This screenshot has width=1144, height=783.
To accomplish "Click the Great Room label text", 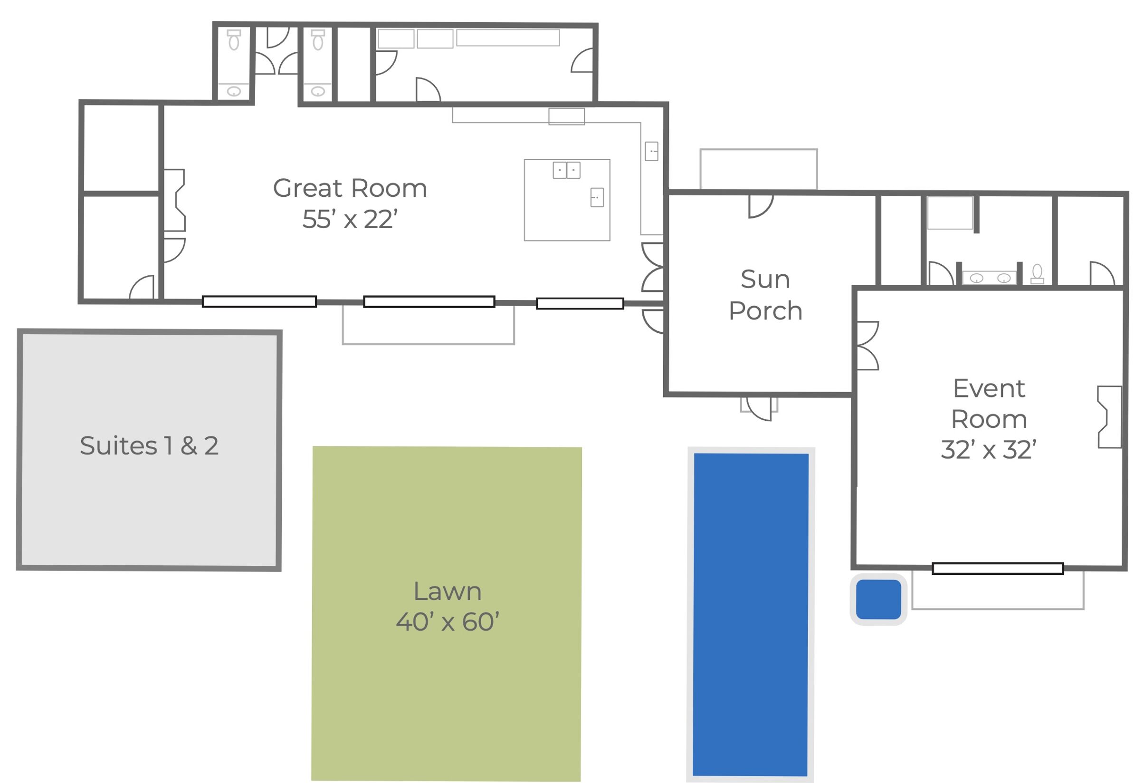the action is click(350, 188).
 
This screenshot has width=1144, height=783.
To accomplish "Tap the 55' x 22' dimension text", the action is click(350, 219).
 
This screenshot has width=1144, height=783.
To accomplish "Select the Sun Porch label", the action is click(765, 294).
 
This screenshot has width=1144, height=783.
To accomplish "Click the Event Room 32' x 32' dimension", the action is click(989, 450).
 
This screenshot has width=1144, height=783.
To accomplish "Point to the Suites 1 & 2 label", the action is click(149, 445).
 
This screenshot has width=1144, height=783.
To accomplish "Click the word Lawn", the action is click(448, 591).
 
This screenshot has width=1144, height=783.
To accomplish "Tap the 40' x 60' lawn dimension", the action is click(448, 622).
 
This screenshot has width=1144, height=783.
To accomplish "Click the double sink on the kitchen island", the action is click(567, 170).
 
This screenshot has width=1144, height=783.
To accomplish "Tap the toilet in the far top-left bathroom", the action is click(234, 40).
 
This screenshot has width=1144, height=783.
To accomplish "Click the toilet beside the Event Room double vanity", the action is click(1037, 274).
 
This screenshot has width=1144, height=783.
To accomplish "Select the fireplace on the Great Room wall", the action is click(174, 200).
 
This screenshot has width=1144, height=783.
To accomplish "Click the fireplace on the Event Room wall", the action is click(1109, 416).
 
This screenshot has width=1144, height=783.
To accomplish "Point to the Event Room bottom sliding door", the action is click(998, 568).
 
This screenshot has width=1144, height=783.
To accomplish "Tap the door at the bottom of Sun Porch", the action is click(760, 408).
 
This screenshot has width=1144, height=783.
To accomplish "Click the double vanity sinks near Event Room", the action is click(990, 278).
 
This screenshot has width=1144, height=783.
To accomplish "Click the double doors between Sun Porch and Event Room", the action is click(868, 346).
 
